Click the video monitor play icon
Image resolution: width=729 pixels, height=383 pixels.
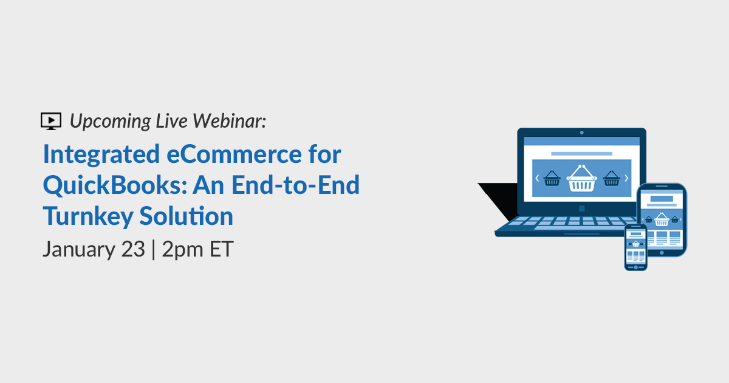(51, 121)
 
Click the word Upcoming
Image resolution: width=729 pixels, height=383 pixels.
(111, 122)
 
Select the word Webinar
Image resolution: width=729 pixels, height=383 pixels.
(229, 121)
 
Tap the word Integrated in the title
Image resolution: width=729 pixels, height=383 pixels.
(101, 154)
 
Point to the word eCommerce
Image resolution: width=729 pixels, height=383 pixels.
(234, 154)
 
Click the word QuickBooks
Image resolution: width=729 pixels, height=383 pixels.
(115, 185)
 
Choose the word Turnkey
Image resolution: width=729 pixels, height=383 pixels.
(88, 216)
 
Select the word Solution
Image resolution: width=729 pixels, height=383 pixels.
(187, 216)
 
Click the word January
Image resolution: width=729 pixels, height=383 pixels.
(79, 249)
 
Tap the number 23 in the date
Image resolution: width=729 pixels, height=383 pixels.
(133, 249)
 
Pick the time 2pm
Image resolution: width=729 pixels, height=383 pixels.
(183, 250)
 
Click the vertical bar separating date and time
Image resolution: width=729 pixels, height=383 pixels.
(153, 249)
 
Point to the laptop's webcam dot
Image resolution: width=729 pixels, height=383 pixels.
(581, 133)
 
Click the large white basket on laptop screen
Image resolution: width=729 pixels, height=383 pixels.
(581, 179)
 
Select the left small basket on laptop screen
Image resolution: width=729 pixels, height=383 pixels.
(552, 178)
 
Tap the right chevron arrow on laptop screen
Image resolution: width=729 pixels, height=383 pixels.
(626, 178)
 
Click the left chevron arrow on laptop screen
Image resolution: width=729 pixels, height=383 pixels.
(537, 178)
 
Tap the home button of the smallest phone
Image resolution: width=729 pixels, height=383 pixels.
(635, 267)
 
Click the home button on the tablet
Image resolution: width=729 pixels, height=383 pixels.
(662, 253)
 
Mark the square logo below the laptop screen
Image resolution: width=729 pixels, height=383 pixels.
(581, 209)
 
